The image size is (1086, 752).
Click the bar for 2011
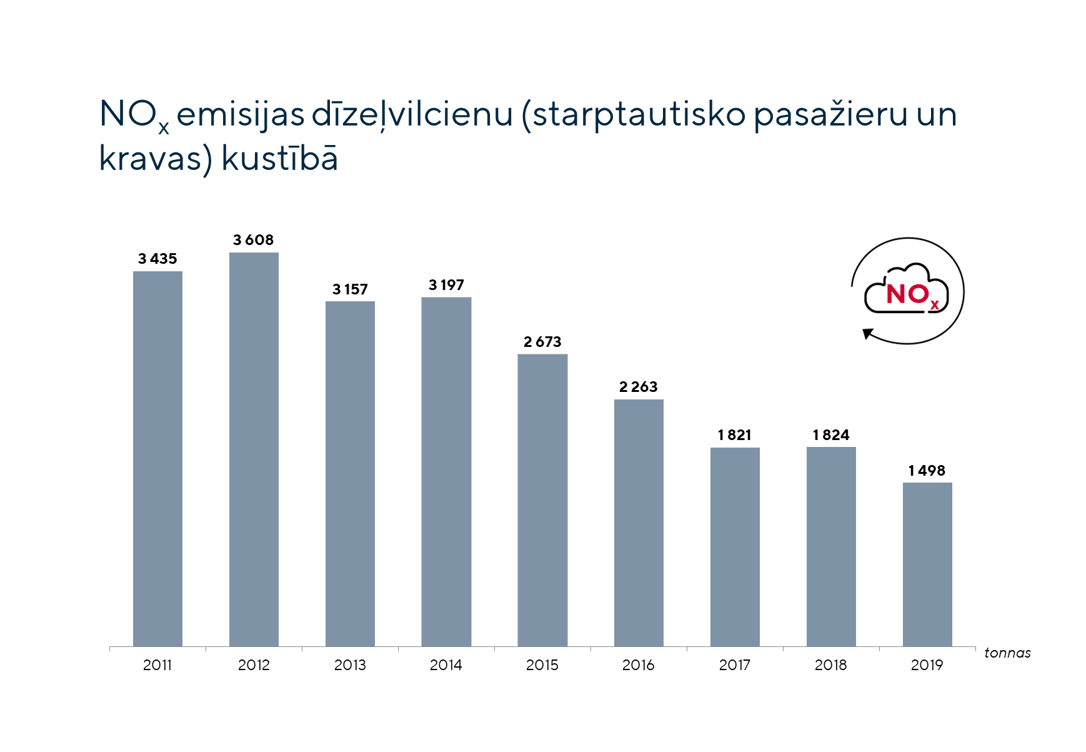coord(157,459)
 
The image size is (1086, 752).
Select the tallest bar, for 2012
coord(254,449)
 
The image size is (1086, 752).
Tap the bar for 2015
coord(542,500)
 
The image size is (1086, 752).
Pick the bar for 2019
coord(927,564)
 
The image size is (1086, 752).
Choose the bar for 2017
coord(735,547)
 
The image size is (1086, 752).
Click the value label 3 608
coord(253,240)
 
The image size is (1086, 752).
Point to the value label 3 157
coord(350,289)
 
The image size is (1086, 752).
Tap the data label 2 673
coord(542,342)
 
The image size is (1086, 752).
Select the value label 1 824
coord(831,435)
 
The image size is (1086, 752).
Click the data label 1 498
coord(927,471)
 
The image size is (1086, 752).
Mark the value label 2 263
coord(638,387)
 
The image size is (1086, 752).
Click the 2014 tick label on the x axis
coord(446,665)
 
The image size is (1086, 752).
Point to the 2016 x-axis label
coord(638,665)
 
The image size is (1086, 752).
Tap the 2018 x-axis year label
coord(830,665)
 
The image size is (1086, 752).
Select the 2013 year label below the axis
coord(350,665)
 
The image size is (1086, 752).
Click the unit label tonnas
coord(1007,653)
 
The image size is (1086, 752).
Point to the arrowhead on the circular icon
coord(867,334)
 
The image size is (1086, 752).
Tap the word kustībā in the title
coord(280,159)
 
